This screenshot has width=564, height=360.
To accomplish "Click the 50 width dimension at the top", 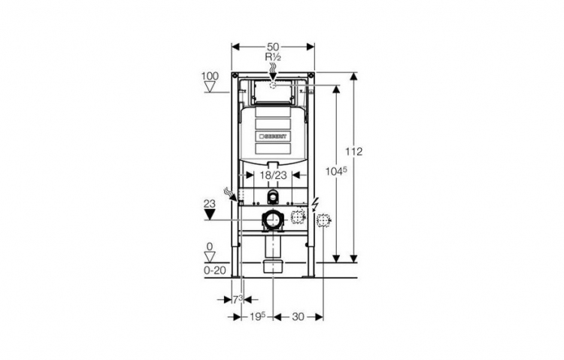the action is (273, 47).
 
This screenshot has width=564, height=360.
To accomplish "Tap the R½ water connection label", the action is (273, 57).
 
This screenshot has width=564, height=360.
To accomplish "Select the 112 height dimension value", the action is (354, 151).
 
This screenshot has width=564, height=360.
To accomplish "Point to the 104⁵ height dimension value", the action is (336, 171).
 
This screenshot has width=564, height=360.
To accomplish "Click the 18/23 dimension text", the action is (274, 175).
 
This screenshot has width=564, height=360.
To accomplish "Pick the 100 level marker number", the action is (210, 76).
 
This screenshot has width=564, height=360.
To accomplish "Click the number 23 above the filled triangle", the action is (210, 204).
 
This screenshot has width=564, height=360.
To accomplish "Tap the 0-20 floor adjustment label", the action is (215, 270).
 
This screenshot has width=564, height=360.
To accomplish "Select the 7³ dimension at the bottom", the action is (237, 299).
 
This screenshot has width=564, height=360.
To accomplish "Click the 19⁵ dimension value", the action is (257, 316).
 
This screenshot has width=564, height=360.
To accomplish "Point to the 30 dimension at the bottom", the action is (298, 317).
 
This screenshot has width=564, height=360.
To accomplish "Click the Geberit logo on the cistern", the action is (273, 137).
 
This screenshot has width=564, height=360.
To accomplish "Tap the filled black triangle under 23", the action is (210, 215).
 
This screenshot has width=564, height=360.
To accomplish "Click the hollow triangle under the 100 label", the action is (210, 87).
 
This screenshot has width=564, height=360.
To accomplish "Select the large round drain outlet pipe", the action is (273, 219).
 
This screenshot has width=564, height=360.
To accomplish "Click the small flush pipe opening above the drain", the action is (273, 197).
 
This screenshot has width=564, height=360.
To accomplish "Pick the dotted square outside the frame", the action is (323, 219).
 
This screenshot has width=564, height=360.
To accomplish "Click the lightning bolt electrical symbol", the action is (315, 204).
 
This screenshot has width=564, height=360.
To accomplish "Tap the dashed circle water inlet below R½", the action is (273, 85).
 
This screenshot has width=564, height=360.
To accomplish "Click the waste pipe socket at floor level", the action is (274, 266).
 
